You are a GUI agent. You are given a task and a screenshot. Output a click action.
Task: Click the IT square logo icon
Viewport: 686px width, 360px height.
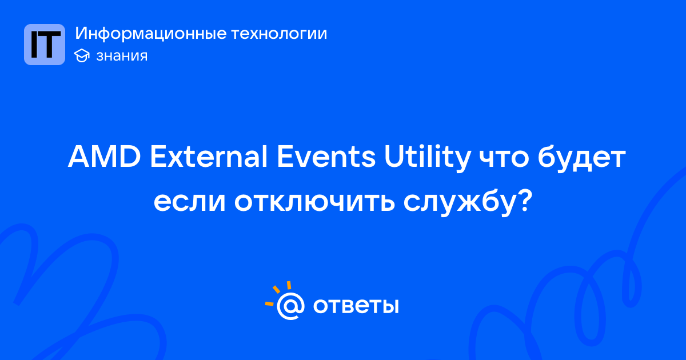pos(45,45)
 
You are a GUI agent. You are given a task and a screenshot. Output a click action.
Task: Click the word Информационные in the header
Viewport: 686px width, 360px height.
pos(151,34)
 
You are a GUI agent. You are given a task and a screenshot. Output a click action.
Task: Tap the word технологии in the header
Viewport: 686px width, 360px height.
pos(279,34)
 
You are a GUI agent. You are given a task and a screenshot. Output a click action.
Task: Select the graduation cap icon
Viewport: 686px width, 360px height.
pos(82,55)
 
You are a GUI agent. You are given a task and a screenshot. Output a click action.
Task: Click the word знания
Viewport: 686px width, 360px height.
pos(122,56)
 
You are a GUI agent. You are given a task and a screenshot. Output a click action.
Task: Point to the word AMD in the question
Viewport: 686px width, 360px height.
pos(105,157)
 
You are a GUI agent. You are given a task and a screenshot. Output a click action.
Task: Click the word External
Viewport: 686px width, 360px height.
pos(209,157)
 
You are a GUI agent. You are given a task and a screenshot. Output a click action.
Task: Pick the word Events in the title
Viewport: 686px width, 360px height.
pos(326,157)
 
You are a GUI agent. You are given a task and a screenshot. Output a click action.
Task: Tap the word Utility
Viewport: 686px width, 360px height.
pos(427,159)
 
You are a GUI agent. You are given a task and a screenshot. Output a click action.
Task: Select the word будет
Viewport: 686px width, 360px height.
pos(581,159)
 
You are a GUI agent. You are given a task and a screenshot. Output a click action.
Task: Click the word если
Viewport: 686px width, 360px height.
pos(190,203)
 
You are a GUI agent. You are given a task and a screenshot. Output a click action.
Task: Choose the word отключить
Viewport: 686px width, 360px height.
pos(314,203)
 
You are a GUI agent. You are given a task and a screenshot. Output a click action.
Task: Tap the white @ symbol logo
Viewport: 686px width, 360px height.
pos(290,306)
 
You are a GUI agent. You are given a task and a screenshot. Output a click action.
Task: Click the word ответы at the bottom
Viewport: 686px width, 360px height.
pos(356,306)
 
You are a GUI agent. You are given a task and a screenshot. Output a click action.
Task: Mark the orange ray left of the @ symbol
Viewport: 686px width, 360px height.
pos(269,303)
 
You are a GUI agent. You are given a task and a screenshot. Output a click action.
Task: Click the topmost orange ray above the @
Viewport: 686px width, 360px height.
pos(289,285)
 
